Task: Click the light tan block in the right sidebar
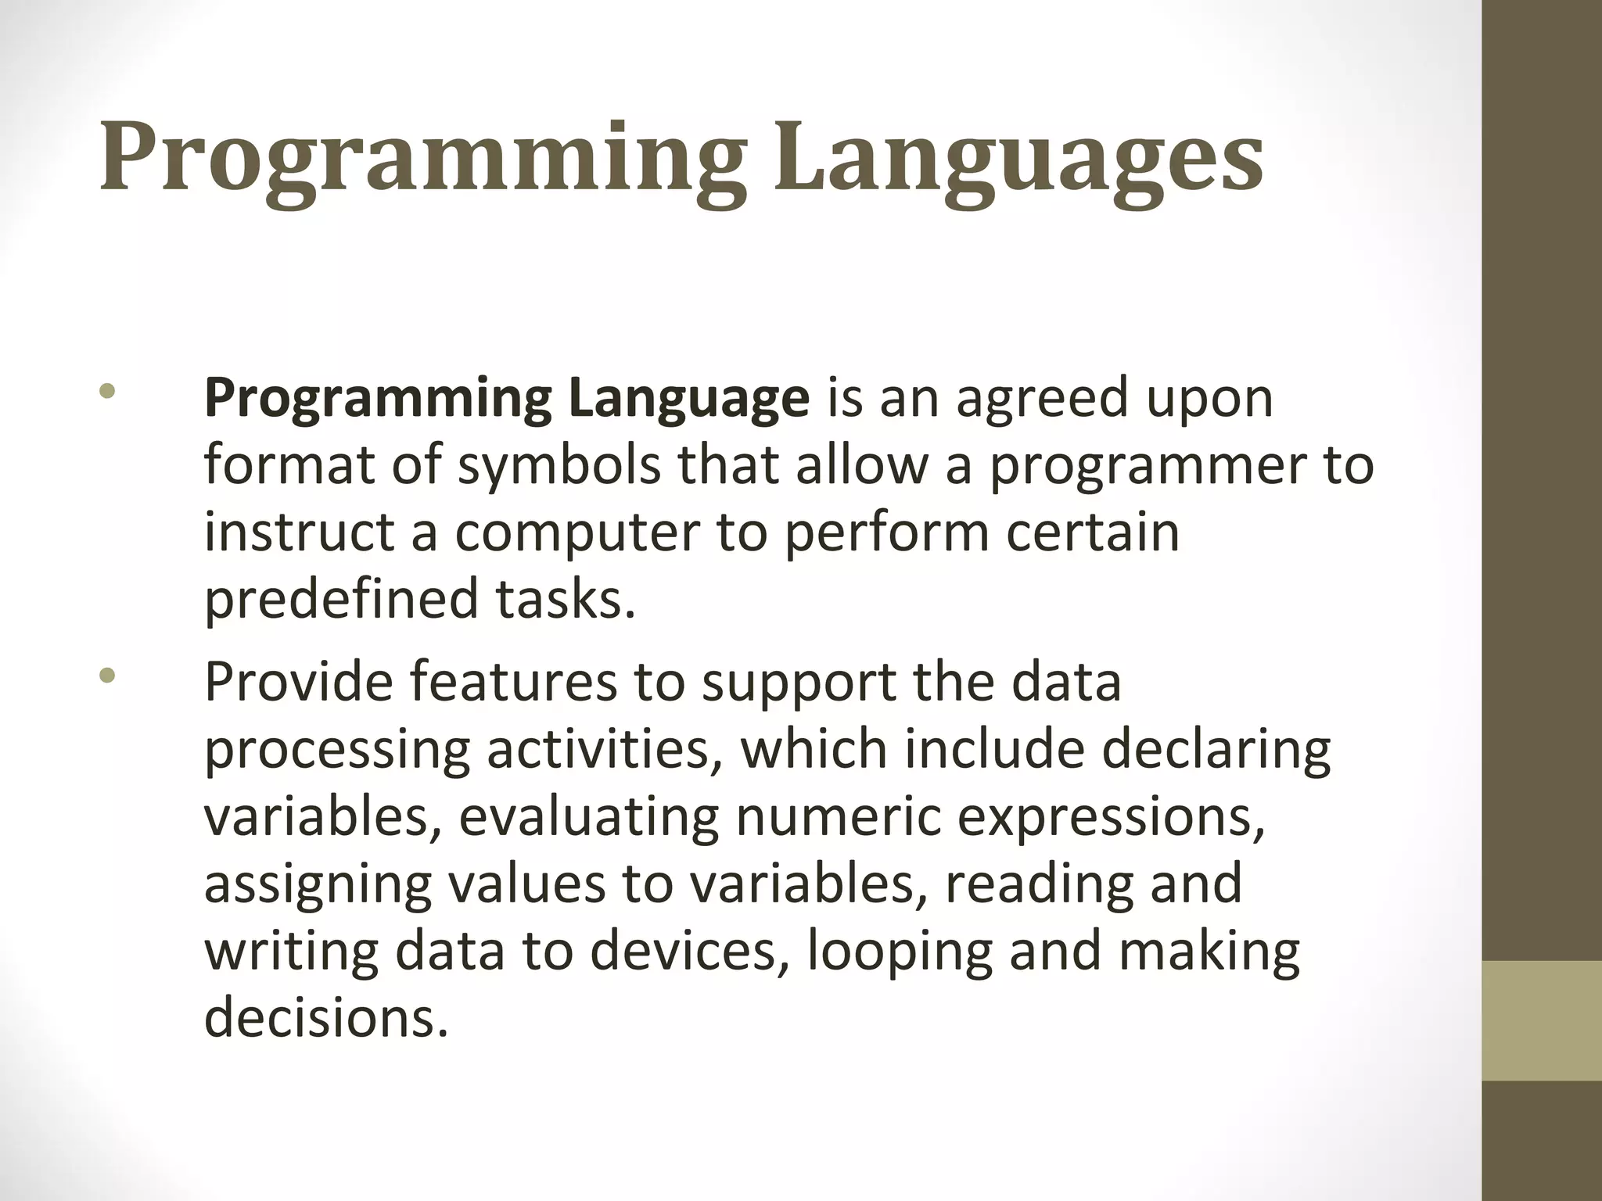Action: coord(1542,1020)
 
